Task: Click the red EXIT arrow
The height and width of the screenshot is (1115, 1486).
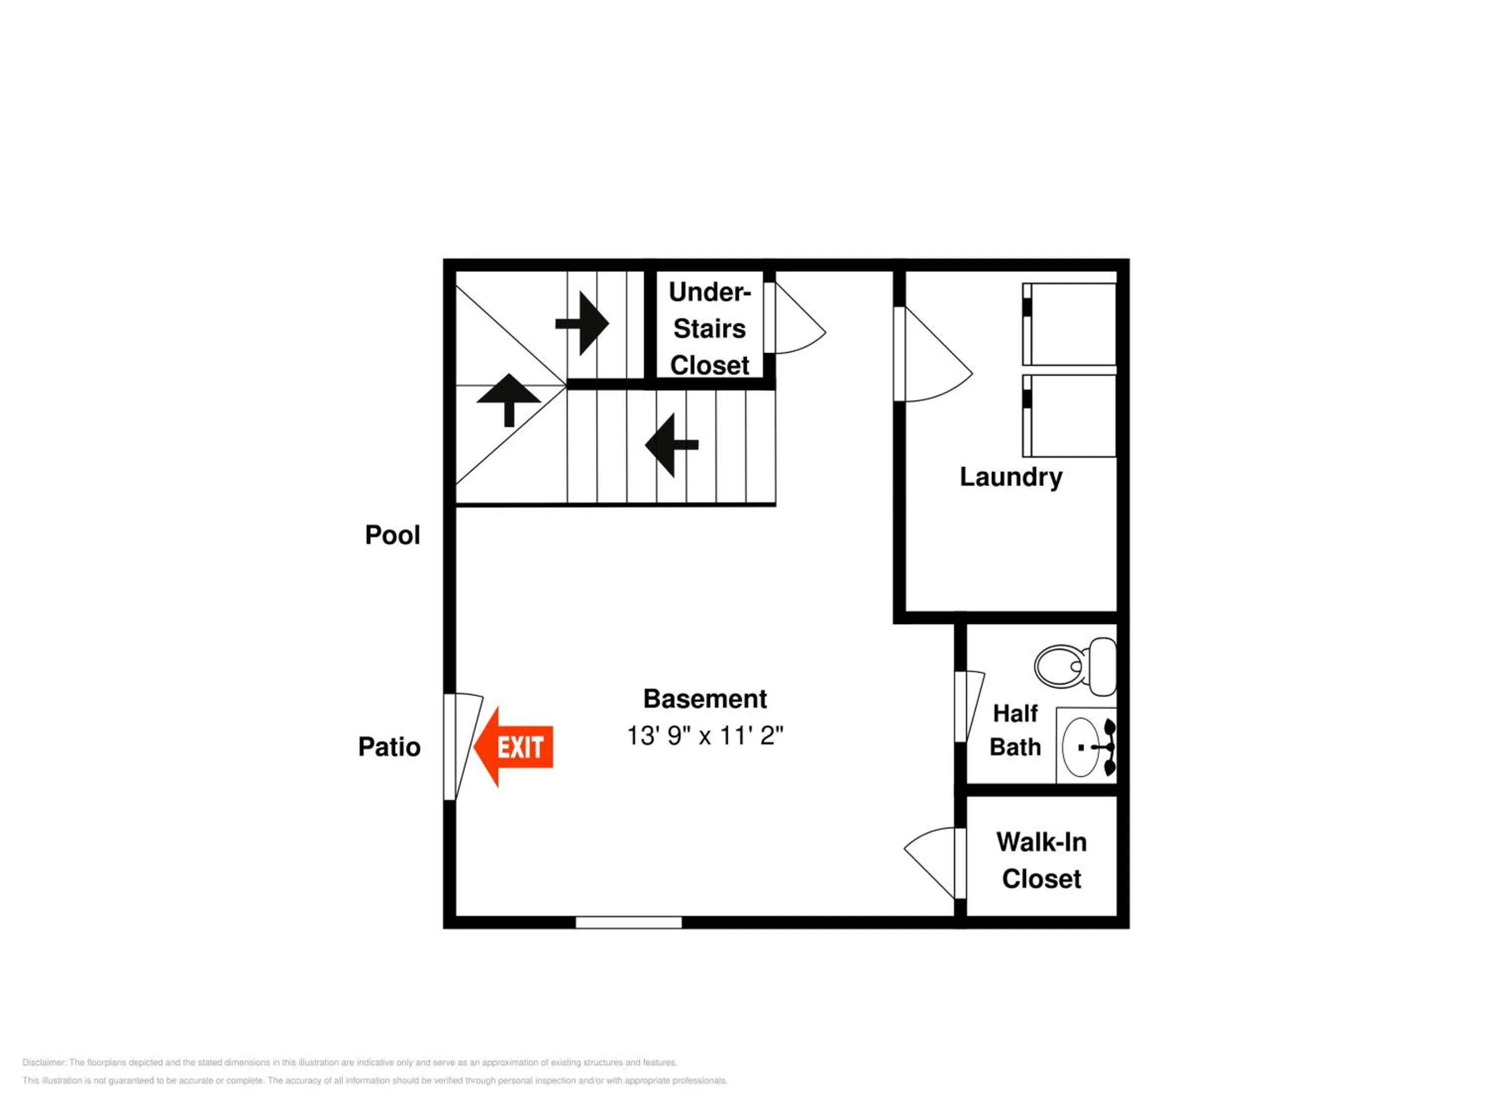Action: coord(514,747)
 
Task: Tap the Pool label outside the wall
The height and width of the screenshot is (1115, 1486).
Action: coord(392,535)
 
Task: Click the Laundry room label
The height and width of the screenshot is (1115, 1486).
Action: coord(1010,477)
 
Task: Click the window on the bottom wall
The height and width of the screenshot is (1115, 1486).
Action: coord(628,922)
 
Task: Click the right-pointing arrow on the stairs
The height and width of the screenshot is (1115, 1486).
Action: coord(583,323)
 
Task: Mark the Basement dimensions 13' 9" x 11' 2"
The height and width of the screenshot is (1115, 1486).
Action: coord(705,735)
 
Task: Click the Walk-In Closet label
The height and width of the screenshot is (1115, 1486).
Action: coord(1041,860)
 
